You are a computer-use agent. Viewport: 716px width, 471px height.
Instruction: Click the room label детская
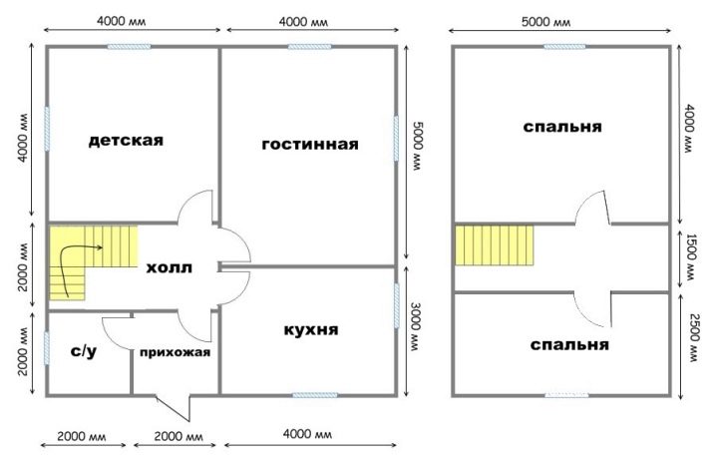point(126,140)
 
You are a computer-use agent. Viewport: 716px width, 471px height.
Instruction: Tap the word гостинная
point(310,145)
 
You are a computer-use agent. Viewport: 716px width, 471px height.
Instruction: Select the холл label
point(169,267)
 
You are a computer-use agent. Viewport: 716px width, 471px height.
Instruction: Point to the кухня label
point(311,329)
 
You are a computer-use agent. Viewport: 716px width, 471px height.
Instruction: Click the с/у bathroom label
point(84,351)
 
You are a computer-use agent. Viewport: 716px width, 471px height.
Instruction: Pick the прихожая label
point(175,352)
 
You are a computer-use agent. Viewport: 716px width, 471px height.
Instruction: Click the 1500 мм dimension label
point(691,257)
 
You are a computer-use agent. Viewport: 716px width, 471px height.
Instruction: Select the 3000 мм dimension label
point(416,327)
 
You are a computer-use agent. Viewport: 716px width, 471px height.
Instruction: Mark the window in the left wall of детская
point(47,129)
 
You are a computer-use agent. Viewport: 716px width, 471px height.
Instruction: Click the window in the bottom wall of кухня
point(315,395)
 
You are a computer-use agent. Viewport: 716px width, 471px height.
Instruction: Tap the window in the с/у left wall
point(47,348)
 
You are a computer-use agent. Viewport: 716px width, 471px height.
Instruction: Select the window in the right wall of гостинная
point(396,139)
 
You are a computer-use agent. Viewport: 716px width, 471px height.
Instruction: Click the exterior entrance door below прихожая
point(174,408)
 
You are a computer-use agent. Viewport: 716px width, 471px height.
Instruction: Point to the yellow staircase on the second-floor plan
point(494,244)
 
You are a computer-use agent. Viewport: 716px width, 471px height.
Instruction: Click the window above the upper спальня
point(564,47)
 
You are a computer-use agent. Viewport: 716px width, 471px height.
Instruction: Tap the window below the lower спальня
point(566,395)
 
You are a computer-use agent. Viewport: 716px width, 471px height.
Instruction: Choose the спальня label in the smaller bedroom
point(569,344)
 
